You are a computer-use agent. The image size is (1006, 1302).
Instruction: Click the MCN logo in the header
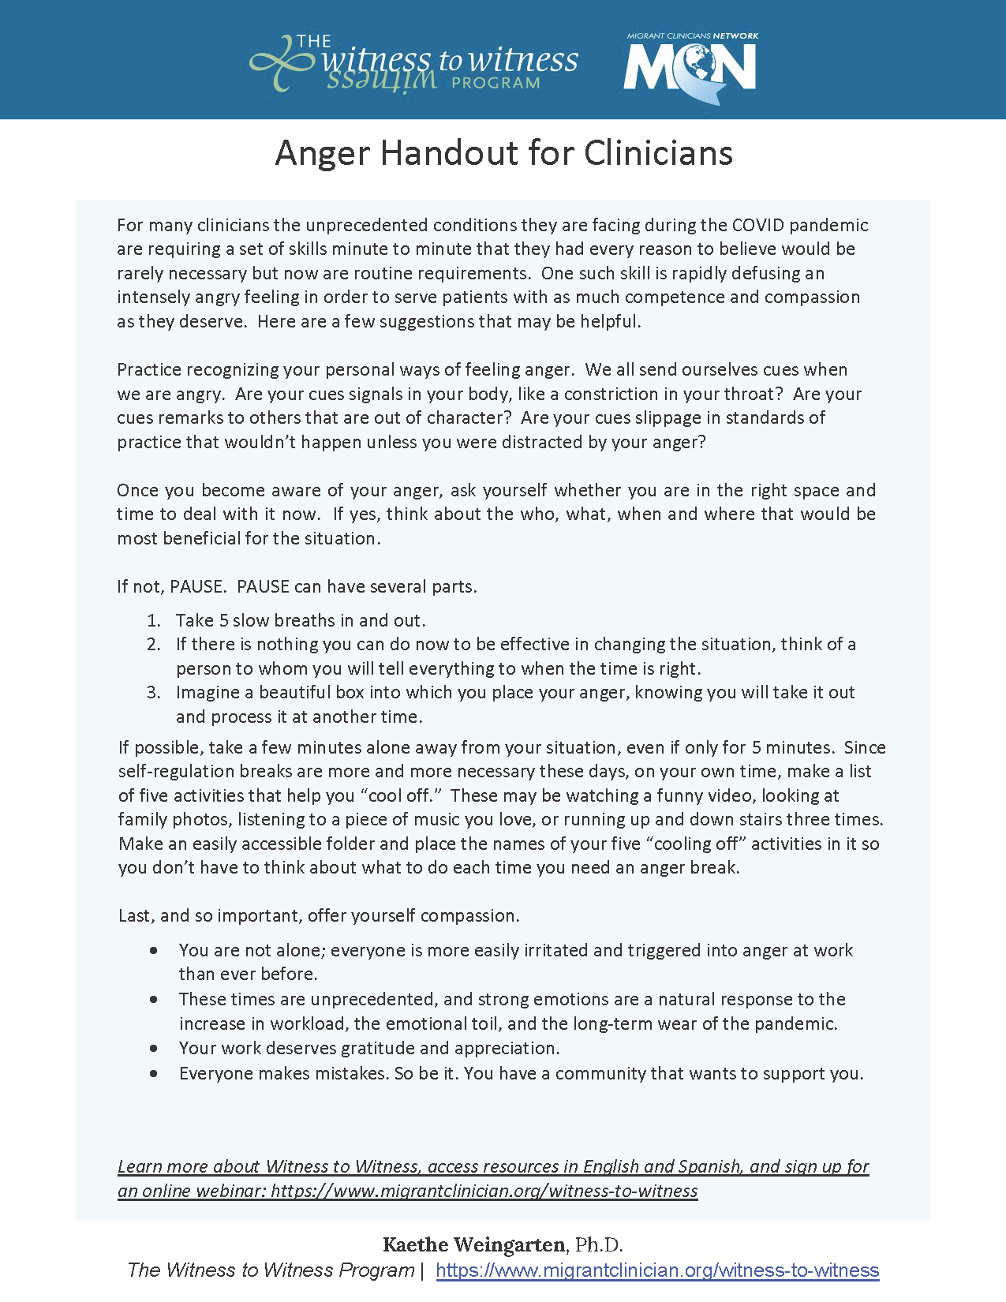[690, 68]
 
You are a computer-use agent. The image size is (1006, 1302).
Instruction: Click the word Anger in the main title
[322, 153]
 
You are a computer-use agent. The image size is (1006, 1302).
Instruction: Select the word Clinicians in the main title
[658, 153]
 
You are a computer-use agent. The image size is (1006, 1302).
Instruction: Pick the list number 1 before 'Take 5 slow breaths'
[154, 620]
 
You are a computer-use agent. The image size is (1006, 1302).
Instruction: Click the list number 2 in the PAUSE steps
[154, 645]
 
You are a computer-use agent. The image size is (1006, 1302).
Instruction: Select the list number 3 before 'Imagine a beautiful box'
[154, 693]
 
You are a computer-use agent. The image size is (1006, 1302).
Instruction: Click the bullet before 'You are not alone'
[153, 951]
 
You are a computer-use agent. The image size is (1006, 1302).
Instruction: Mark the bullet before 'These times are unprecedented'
[153, 1000]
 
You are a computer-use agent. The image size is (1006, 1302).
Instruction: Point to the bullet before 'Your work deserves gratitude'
[153, 1049]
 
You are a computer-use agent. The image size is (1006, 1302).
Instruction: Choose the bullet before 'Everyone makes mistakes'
[153, 1074]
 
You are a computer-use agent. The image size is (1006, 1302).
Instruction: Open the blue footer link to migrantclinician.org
[657, 1270]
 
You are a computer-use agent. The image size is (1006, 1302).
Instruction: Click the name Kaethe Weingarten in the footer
[474, 1245]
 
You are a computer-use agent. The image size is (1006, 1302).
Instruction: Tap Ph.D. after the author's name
[599, 1245]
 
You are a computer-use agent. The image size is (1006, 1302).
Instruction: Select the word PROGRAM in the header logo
[496, 83]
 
